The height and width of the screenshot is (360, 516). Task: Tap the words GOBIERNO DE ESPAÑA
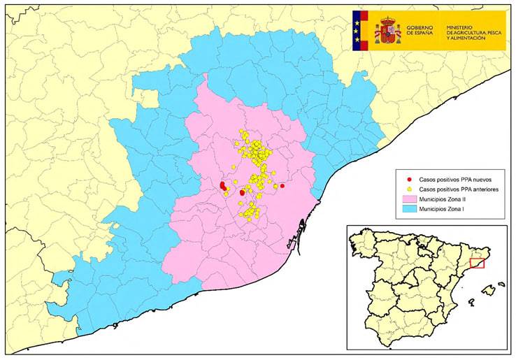coord(419,31)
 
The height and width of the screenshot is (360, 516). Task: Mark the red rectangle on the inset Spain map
coord(477,263)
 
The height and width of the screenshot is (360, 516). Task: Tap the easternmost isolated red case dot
coord(282,186)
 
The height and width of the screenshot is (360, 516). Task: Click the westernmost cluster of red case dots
coord(223,186)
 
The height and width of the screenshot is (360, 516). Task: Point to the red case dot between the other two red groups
coord(243,192)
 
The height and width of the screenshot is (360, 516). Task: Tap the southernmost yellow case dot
coord(250,219)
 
